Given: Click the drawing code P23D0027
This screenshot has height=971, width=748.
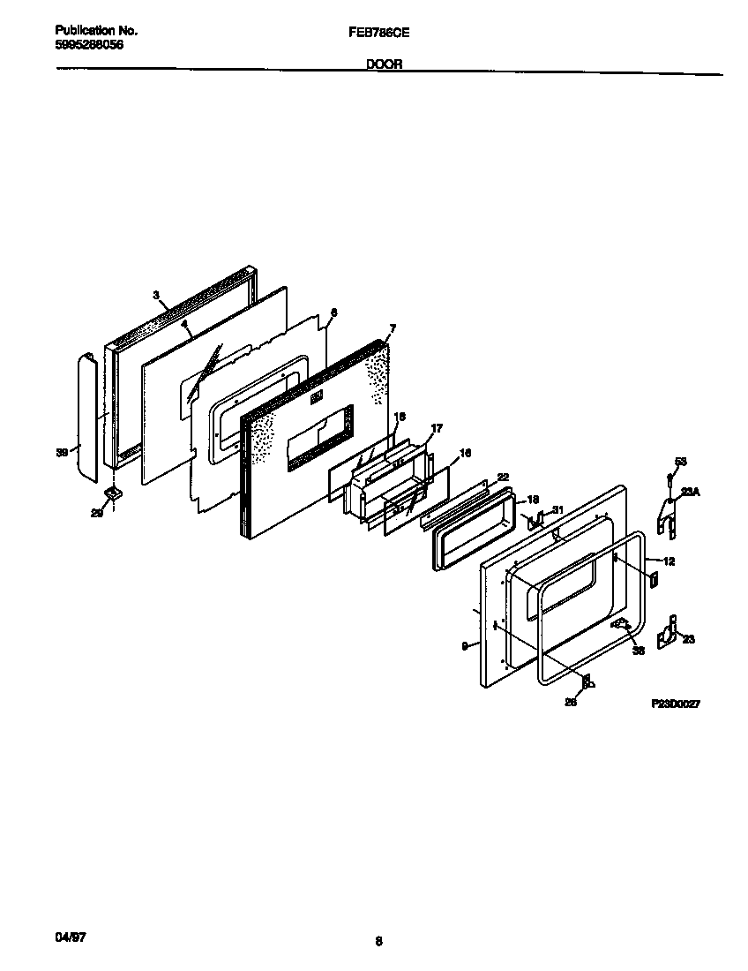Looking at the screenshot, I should point(677,703).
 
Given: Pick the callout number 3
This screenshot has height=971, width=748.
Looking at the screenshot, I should point(156,296).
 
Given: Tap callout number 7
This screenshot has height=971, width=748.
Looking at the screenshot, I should point(393,328).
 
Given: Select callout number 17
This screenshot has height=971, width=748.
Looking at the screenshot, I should point(435,428).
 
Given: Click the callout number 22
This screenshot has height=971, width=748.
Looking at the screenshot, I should point(503,476).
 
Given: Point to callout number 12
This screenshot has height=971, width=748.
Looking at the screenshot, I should point(669,561).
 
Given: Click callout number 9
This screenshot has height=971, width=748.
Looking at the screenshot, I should point(464,646).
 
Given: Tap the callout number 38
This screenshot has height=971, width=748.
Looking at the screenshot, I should point(639,651).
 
